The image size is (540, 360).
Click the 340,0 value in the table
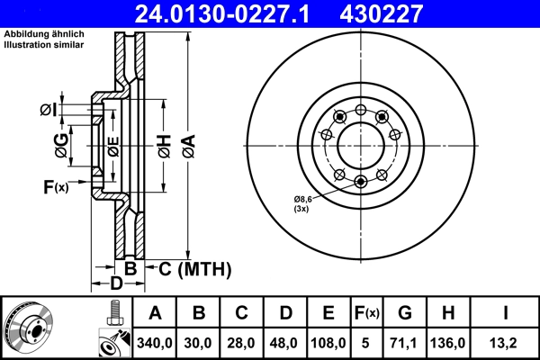pyautogui.click(x=155, y=342)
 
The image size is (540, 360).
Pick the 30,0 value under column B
pyautogui.click(x=199, y=342)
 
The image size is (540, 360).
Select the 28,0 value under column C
pyautogui.click(x=242, y=342)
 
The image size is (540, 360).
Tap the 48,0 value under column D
pyautogui.click(x=285, y=342)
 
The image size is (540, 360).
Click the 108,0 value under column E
pyautogui.click(x=329, y=342)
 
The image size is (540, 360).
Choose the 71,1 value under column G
pyautogui.click(x=405, y=342)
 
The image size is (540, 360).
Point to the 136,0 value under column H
pyautogui.click(x=449, y=342)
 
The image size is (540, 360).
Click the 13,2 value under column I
pyautogui.click(x=506, y=342)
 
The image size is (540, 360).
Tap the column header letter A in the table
pyautogui.click(x=155, y=312)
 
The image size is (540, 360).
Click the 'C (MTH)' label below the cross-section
pyautogui.click(x=195, y=268)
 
